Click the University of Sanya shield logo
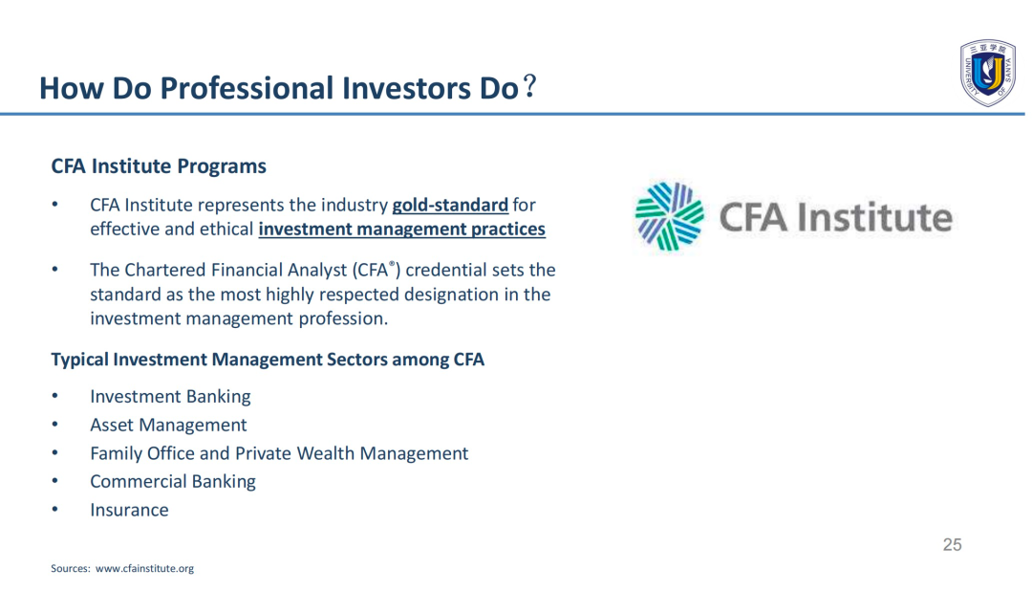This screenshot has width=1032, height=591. (987, 73)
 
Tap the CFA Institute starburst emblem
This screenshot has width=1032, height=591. (669, 217)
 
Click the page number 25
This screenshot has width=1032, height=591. (952, 545)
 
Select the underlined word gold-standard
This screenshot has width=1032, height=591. (450, 205)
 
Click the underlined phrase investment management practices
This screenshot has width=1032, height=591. (402, 230)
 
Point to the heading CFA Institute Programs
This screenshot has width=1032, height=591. (159, 166)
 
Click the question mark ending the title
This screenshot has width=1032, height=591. (529, 87)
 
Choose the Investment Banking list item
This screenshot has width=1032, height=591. (170, 397)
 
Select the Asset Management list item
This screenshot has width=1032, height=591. (168, 425)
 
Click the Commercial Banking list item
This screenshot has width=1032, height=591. (173, 482)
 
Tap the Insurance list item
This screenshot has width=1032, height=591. (129, 510)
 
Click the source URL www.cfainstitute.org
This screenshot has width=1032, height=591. (145, 569)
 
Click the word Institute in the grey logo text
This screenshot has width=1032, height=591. (874, 217)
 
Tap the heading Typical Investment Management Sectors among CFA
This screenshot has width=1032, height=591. (268, 360)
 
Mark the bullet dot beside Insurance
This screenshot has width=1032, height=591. (55, 510)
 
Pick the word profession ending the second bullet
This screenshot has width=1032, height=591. (343, 319)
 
